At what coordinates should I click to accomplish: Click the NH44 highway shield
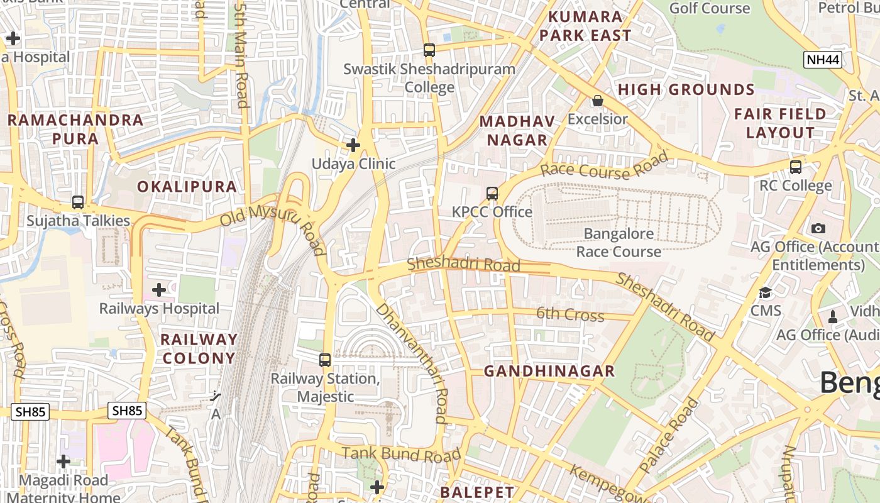[823, 60]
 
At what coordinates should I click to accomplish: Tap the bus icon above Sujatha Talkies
[78, 202]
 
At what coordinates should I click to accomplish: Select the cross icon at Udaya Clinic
[353, 146]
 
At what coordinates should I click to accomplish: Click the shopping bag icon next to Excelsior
[597, 101]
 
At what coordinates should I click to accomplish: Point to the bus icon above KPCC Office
[492, 194]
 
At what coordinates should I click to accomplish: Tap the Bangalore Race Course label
[619, 243]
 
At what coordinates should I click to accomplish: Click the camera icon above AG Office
[818, 228]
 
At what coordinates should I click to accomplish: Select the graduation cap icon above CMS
[765, 292]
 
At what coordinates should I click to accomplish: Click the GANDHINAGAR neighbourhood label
[549, 371]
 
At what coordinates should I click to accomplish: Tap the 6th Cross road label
[570, 314]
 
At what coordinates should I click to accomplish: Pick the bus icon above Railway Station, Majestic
[325, 360]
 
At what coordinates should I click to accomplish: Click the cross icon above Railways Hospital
[159, 290]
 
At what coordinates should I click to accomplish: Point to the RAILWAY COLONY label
[199, 349]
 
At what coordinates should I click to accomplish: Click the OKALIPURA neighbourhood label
[187, 187]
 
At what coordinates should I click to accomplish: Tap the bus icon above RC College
[796, 167]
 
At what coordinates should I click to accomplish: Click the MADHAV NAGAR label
[517, 131]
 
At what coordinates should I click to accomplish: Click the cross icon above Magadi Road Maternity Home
[63, 462]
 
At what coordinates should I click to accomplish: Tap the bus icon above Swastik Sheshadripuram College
[429, 50]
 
